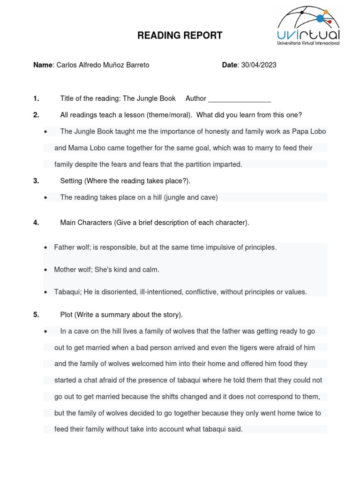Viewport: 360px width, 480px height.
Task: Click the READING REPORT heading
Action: (x=180, y=36)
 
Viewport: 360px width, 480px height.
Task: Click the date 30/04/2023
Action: (x=259, y=65)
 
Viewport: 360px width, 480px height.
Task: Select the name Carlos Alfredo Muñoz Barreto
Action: (x=103, y=65)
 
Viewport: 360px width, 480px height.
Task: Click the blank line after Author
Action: (x=240, y=98)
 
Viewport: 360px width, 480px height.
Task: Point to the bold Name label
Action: (x=43, y=65)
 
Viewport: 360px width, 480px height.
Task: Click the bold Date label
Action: (x=230, y=65)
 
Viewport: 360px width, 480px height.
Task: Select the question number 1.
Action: (x=36, y=98)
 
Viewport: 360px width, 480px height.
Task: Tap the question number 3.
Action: (x=36, y=181)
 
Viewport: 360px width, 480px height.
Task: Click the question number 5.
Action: (x=36, y=315)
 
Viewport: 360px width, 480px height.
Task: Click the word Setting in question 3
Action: (x=71, y=181)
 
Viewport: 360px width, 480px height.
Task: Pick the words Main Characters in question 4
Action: (x=86, y=223)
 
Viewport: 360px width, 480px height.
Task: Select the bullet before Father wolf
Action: (x=45, y=247)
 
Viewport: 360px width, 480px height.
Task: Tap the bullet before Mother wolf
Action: (x=45, y=270)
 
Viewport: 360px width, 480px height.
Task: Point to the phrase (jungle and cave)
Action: (x=191, y=197)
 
